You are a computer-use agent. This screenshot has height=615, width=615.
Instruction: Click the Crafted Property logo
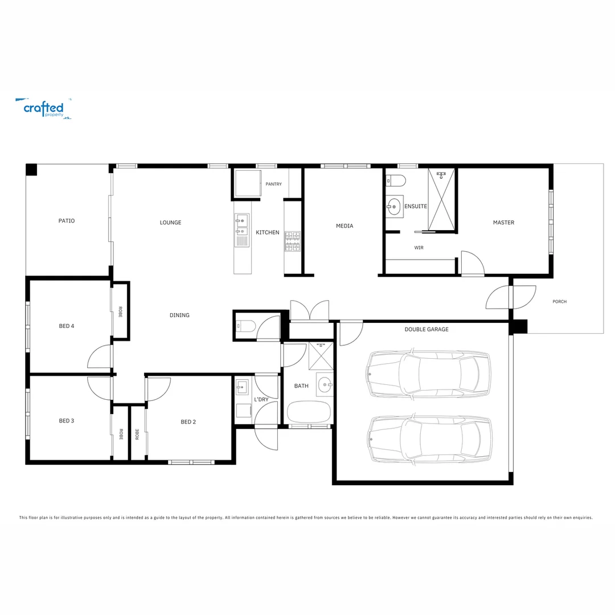point(43,108)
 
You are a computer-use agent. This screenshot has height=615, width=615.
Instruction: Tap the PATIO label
point(67,221)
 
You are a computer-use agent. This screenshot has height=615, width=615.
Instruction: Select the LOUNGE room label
point(170,223)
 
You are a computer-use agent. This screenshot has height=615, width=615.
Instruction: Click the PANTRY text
point(273,184)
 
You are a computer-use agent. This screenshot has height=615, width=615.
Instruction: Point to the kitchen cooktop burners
point(292,241)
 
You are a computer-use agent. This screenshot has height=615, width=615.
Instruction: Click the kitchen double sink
point(241,224)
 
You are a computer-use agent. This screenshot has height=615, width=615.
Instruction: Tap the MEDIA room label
point(345,226)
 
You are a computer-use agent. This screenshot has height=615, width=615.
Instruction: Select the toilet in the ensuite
point(396,181)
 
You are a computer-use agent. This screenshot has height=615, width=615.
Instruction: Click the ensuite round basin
point(394,206)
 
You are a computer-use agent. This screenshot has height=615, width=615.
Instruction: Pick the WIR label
point(419,248)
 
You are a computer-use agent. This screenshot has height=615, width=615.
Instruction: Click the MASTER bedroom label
point(503,223)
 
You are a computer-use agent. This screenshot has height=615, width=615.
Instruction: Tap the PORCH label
point(559,302)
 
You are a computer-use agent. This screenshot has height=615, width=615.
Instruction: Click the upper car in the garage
point(428,374)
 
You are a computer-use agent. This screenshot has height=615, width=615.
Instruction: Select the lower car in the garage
point(430,439)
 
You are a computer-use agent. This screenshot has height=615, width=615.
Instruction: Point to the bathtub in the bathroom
point(308,412)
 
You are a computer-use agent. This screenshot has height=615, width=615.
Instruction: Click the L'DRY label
point(261,400)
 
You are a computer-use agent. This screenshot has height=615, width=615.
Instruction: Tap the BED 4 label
point(67,326)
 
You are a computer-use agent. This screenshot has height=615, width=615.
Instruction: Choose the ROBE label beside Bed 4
point(120,311)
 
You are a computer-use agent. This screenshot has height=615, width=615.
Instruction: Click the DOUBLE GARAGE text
point(427,330)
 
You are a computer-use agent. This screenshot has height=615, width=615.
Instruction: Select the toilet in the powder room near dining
point(246,327)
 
